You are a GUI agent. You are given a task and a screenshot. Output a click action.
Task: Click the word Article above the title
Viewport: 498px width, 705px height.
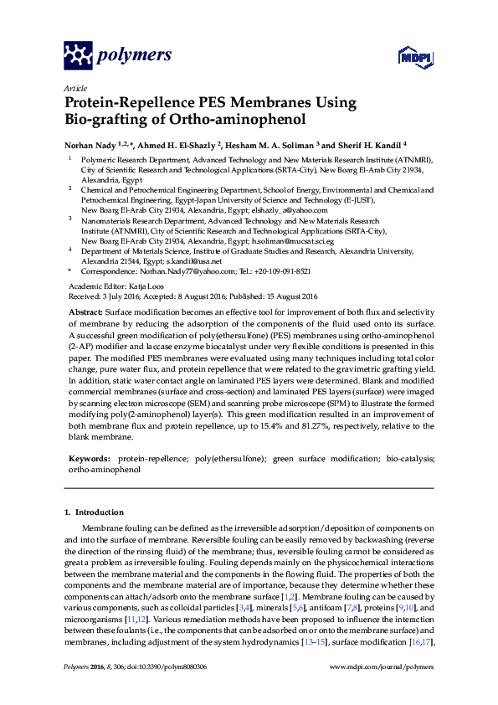tap(74, 88)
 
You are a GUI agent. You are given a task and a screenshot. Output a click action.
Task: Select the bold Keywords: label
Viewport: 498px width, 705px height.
tap(90, 460)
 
